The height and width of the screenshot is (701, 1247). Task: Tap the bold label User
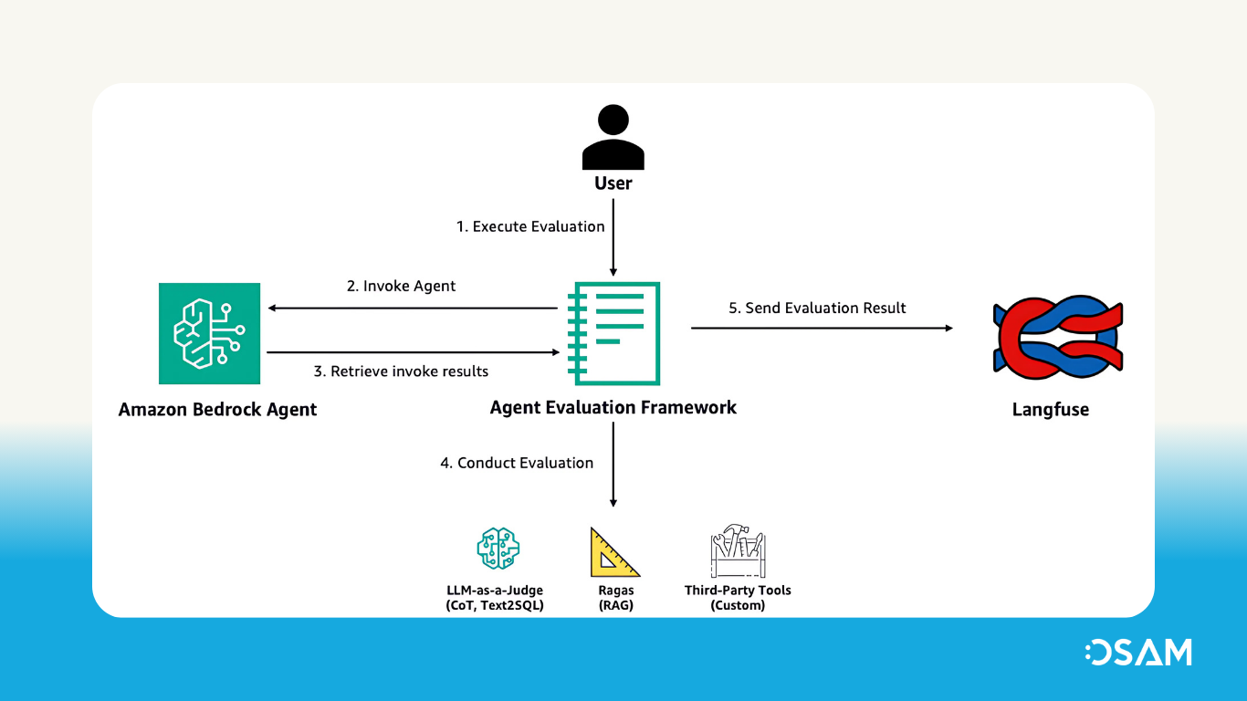pyautogui.click(x=613, y=183)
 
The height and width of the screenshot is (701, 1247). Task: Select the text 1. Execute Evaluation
pyautogui.click(x=530, y=226)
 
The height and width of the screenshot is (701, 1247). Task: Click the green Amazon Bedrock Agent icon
pyautogui.click(x=209, y=333)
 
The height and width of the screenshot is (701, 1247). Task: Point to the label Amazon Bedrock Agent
pyautogui.click(x=217, y=410)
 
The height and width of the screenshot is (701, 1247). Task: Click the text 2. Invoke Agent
pyautogui.click(x=401, y=286)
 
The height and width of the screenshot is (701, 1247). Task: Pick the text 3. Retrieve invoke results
pyautogui.click(x=401, y=371)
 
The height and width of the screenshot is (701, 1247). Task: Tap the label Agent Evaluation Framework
pyautogui.click(x=613, y=407)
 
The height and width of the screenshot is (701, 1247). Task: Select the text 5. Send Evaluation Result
pyautogui.click(x=817, y=309)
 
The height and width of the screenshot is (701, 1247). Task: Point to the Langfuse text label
pyautogui.click(x=1050, y=410)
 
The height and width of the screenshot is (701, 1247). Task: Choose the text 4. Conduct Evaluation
pyautogui.click(x=517, y=463)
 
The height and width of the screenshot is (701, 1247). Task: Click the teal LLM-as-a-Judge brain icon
pyautogui.click(x=498, y=548)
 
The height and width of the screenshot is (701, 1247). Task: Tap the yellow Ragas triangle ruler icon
pyautogui.click(x=613, y=552)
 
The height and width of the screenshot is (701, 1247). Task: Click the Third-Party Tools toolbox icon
pyautogui.click(x=737, y=551)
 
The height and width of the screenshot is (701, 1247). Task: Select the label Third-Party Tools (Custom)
pyautogui.click(x=738, y=598)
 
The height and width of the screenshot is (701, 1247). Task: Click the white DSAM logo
pyautogui.click(x=1138, y=652)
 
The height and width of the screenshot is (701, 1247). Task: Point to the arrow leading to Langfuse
pyautogui.click(x=822, y=328)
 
